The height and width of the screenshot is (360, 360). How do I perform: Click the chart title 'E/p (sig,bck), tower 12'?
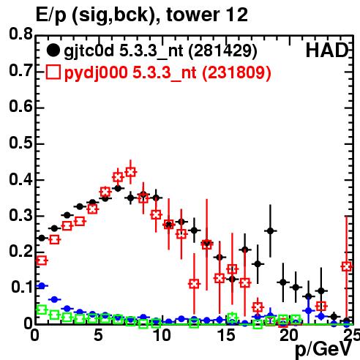point(142,15)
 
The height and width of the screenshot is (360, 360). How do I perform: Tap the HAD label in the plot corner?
point(327,50)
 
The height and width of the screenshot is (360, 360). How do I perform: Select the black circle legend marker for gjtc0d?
point(53,50)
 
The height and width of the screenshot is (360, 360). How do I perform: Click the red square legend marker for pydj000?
point(53,72)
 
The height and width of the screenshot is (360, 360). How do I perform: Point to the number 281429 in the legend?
point(223,50)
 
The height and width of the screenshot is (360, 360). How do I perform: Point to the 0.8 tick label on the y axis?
point(20,34)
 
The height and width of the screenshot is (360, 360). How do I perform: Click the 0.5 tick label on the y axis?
point(20,143)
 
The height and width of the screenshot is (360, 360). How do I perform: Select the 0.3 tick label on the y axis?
point(20,215)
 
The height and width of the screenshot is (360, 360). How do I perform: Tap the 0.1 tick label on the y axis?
point(21,288)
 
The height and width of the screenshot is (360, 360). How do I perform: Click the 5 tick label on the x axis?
point(98,336)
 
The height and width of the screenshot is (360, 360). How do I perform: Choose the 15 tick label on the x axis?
point(226,336)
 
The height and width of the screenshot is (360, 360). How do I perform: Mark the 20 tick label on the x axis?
point(289,336)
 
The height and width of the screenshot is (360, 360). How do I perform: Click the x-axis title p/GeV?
point(323,349)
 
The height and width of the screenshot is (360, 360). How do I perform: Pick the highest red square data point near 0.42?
point(131,172)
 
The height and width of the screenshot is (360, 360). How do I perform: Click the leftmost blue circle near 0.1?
point(42,285)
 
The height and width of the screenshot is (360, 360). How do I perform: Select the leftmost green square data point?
point(42,310)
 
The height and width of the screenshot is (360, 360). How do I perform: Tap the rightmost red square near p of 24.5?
point(347,266)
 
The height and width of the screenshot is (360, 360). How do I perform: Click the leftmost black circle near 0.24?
point(42,238)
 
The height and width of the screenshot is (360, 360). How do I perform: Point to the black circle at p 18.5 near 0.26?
point(270,230)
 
